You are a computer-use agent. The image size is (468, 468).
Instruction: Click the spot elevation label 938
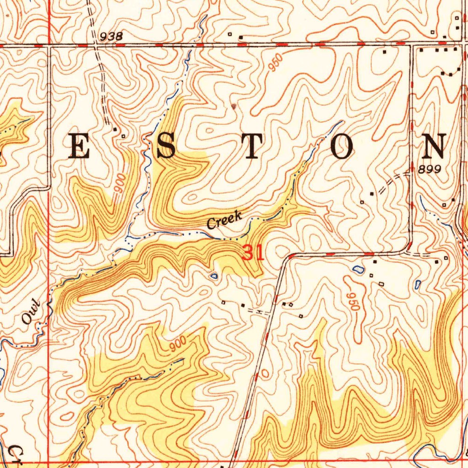(111, 37)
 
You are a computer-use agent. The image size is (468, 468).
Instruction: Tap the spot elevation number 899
(429, 169)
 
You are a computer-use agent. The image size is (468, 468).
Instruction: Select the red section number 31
(253, 253)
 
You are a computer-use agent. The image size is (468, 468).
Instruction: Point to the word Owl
(32, 313)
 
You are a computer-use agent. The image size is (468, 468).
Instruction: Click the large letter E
(79, 147)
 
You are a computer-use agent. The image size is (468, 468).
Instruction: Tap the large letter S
(166, 147)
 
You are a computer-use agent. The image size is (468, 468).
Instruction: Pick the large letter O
(342, 147)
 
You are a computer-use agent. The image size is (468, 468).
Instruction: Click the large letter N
(434, 147)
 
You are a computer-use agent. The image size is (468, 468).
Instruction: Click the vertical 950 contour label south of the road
(351, 302)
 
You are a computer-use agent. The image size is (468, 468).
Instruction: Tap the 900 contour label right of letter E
(120, 184)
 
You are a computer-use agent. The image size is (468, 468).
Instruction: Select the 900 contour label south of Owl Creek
(177, 344)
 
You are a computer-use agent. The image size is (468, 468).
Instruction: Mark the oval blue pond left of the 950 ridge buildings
(359, 270)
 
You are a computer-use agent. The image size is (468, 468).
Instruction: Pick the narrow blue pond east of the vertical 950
(417, 284)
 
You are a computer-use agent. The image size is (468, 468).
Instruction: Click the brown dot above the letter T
(234, 106)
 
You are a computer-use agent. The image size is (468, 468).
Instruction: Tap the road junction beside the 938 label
(95, 45)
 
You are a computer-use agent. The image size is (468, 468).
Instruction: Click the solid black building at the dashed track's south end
(115, 129)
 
